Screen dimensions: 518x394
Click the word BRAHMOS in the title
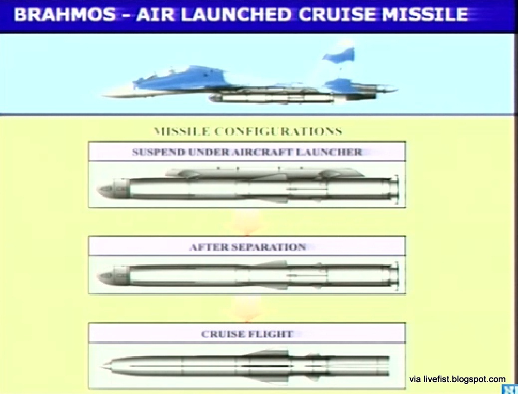tap(65, 15)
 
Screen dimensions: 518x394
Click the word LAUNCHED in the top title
tap(237, 15)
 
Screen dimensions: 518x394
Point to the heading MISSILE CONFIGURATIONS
tap(248, 132)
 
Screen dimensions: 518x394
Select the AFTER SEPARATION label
tap(248, 247)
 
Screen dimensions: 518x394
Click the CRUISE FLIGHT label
tap(247, 334)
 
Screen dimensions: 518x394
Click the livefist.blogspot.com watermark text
tap(458, 379)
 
